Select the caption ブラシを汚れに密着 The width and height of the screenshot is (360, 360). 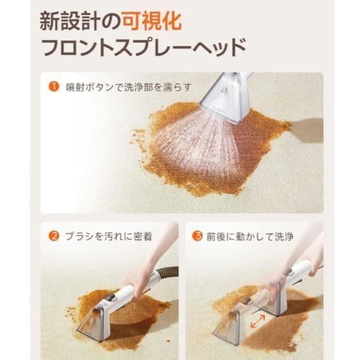coord(107,236)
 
